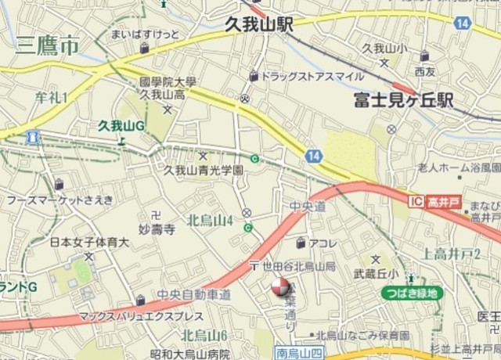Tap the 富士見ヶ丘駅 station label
click(404, 101)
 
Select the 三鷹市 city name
click(48, 46)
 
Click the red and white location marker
click(279, 290)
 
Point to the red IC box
click(416, 202)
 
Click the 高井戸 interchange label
click(444, 202)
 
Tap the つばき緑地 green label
click(412, 293)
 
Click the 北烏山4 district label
click(210, 221)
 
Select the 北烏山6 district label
click(204, 335)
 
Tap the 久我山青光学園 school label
click(203, 169)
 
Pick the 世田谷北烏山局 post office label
click(298, 266)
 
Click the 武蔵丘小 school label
click(377, 273)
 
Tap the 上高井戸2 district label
click(451, 253)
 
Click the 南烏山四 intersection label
click(297, 354)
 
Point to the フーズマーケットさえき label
click(59, 200)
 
